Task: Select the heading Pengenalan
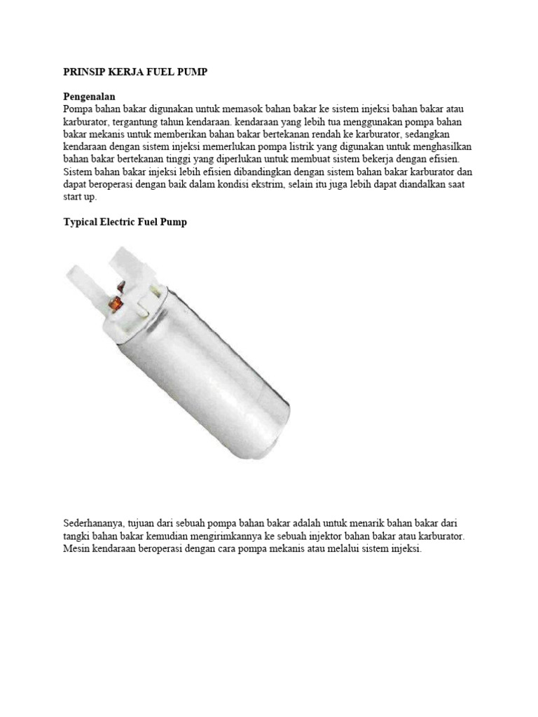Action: click(89, 96)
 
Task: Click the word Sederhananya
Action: click(94, 523)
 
